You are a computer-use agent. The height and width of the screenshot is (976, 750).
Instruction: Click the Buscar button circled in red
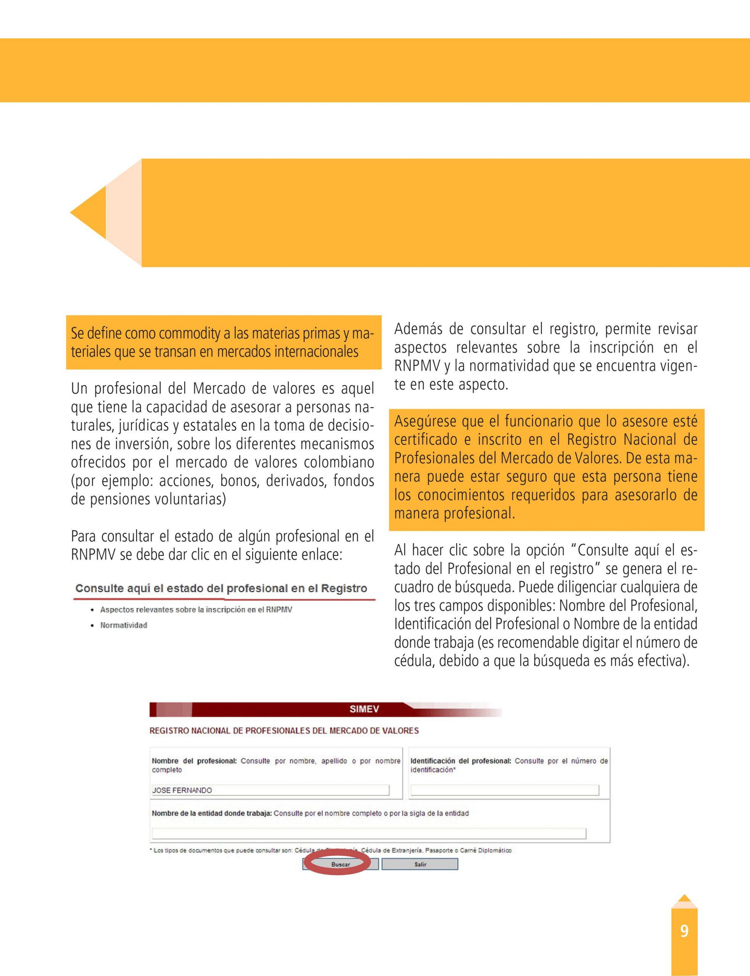341,864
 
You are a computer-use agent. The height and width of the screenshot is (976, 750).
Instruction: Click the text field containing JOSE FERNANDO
270,790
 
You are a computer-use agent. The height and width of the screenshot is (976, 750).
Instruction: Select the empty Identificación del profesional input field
504,790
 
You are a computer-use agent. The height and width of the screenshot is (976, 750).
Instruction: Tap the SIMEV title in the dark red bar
364,709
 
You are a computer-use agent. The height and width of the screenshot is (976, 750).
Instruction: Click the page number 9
684,931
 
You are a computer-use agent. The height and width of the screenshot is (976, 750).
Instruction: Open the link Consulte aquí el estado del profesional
221,588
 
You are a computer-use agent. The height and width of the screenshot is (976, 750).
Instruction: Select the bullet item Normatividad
124,625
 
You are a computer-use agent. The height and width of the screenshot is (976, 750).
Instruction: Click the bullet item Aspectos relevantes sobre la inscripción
196,610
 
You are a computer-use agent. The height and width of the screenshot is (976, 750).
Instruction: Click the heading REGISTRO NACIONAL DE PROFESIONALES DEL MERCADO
284,730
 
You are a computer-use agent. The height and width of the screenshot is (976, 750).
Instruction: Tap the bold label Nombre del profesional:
194,761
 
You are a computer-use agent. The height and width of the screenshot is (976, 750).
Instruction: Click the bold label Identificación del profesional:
461,761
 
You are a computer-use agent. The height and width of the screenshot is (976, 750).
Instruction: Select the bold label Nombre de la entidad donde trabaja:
212,813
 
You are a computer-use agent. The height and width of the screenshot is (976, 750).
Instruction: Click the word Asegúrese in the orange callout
419,421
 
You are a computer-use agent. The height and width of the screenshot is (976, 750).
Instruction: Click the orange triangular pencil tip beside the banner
88,212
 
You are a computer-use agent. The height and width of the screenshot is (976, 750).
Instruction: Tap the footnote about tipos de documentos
330,851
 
